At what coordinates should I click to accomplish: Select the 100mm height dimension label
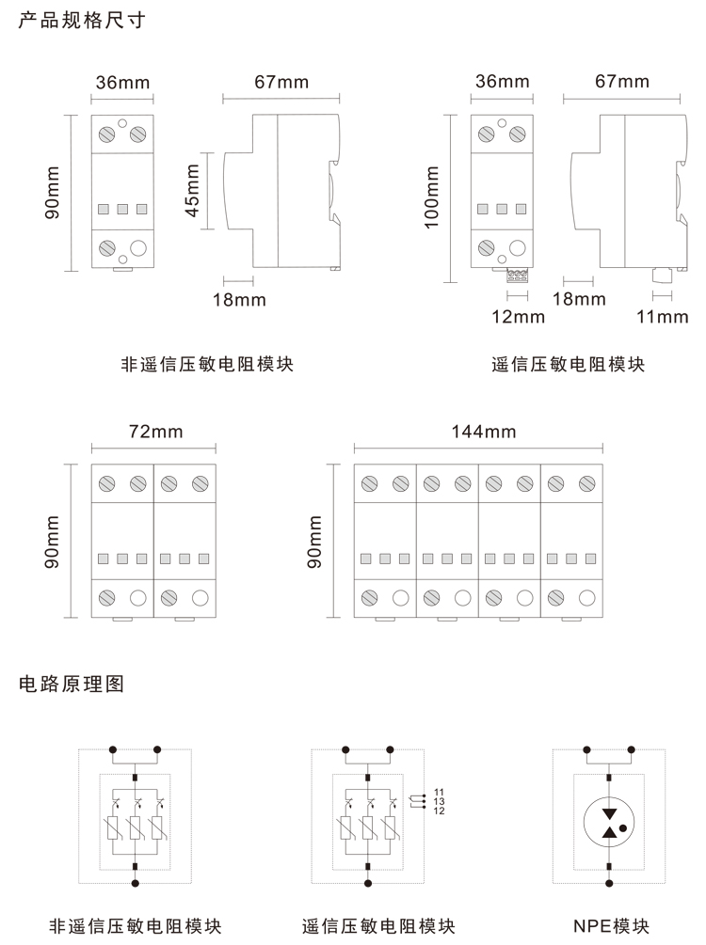pos(432,196)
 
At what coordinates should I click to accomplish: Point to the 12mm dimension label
pos(519,317)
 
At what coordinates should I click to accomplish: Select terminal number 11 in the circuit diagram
pos(439,794)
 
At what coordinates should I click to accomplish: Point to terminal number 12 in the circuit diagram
pos(439,811)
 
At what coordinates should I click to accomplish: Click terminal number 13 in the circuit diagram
pos(439,802)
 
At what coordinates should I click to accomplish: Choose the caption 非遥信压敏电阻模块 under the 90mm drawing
pos(207,364)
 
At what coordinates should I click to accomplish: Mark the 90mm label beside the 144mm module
pos(314,541)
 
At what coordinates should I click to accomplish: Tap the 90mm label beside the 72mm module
pos(52,541)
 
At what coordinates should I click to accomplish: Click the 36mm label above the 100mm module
pos(502,82)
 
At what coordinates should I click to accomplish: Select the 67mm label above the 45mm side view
pos(281,82)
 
